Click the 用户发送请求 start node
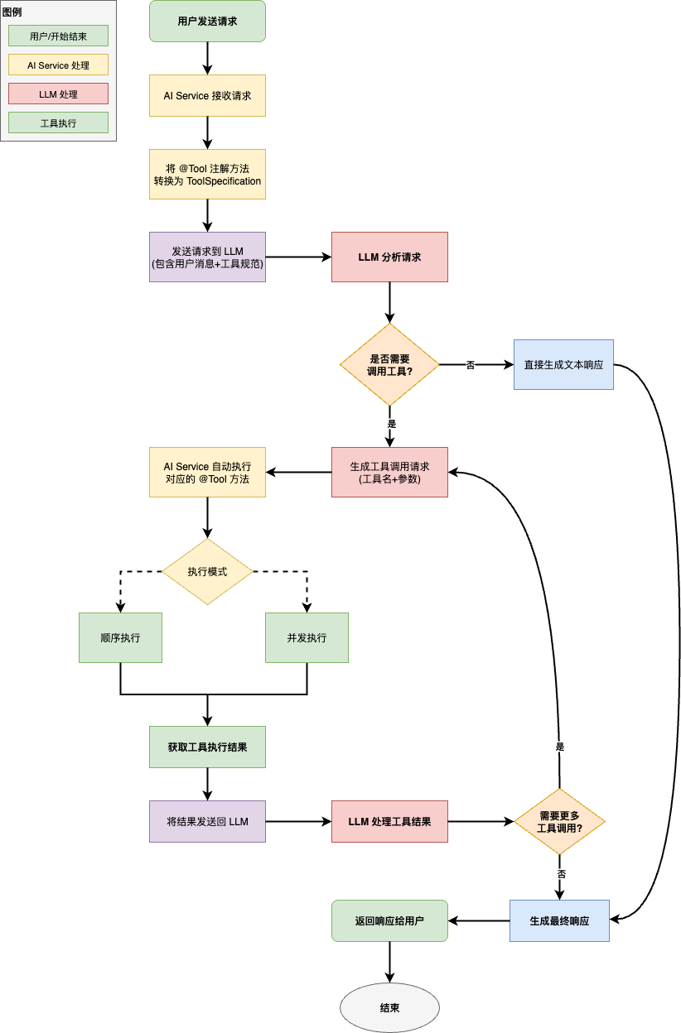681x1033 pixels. [207, 22]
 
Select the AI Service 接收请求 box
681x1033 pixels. [207, 96]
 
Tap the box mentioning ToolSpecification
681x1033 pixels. [207, 175]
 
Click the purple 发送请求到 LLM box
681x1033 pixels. [207, 257]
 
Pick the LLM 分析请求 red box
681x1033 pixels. [389, 257]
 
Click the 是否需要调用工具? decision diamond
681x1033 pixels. [389, 365]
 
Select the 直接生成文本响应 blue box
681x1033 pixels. [563, 365]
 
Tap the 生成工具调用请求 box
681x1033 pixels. [389, 473]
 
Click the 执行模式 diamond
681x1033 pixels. [207, 572]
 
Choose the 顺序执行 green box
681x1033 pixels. [120, 638]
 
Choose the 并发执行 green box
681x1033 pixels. [307, 638]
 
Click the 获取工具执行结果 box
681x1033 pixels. [207, 747]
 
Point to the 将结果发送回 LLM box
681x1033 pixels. [207, 822]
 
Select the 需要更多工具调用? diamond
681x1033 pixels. [560, 822]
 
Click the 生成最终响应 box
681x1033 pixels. [559, 921]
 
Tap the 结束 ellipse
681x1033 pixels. [389, 1008]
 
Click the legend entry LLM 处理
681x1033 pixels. [58, 94]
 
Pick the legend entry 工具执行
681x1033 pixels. [58, 123]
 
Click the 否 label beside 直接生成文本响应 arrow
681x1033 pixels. [471, 365]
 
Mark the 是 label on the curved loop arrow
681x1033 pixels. [560, 747]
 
